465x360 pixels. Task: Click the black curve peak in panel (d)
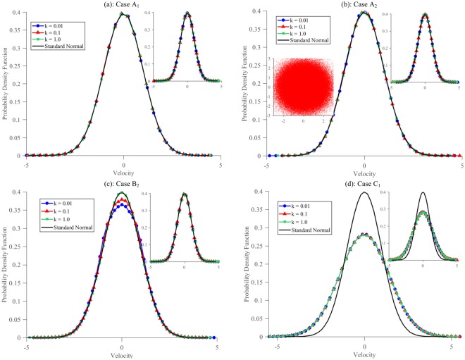coord(365,192)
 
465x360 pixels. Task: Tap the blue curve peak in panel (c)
coord(123,205)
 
